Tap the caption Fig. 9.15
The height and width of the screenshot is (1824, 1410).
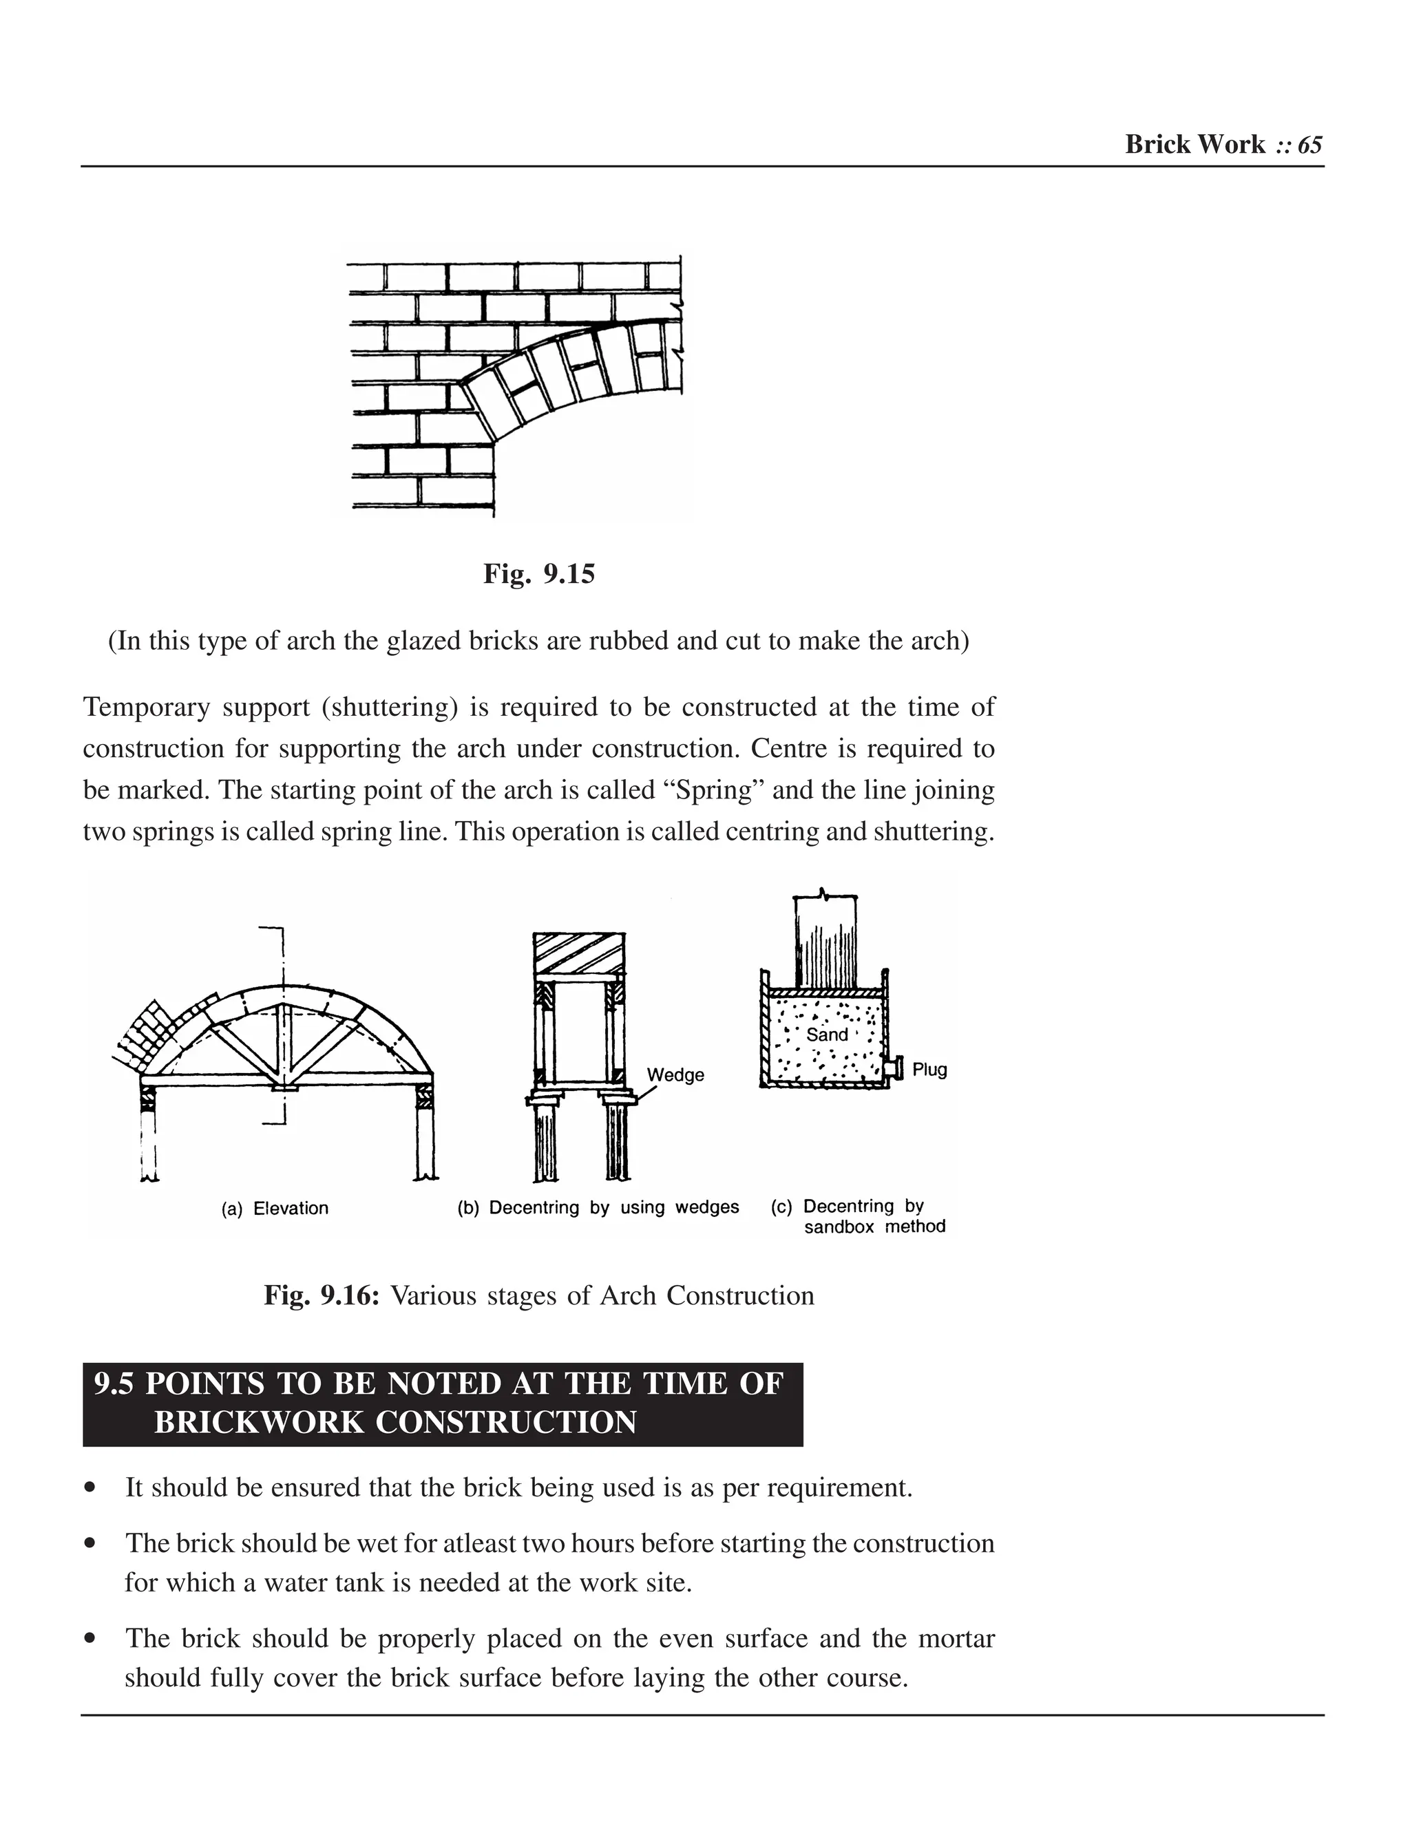539,574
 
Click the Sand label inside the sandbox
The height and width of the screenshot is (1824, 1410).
827,1035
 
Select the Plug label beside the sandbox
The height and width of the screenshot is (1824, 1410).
929,1070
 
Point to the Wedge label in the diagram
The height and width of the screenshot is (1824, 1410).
675,1075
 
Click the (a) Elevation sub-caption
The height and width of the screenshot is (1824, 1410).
275,1209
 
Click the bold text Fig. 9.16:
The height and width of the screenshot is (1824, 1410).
322,1295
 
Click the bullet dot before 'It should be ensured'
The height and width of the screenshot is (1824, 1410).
90,1487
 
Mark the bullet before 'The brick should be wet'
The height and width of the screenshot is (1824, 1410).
90,1543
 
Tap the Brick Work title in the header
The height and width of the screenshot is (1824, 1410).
1195,145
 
